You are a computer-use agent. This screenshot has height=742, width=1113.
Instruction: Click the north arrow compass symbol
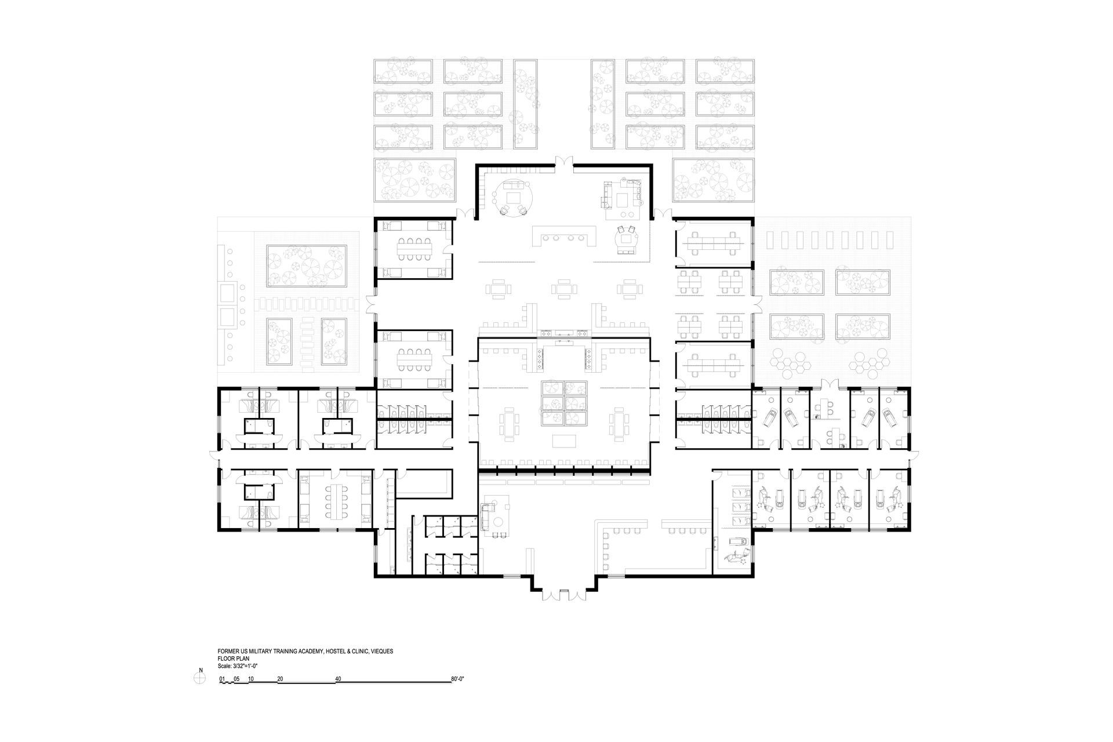pos(201,676)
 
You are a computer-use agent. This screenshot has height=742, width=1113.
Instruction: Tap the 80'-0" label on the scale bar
pos(457,678)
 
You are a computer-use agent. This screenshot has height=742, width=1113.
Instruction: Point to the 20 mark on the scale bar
pos(280,678)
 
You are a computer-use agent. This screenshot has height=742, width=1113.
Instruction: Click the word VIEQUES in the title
pos(383,651)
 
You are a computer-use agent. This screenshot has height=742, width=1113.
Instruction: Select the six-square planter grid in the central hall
pos(565,402)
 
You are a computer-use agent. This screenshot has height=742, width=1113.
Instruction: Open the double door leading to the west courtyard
pos(372,303)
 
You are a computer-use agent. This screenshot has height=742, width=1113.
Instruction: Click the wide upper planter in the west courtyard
pos(307,266)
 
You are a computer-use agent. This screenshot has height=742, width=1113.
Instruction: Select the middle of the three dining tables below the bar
pos(563,288)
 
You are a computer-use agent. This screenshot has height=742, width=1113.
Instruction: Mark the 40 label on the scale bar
pos(339,678)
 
